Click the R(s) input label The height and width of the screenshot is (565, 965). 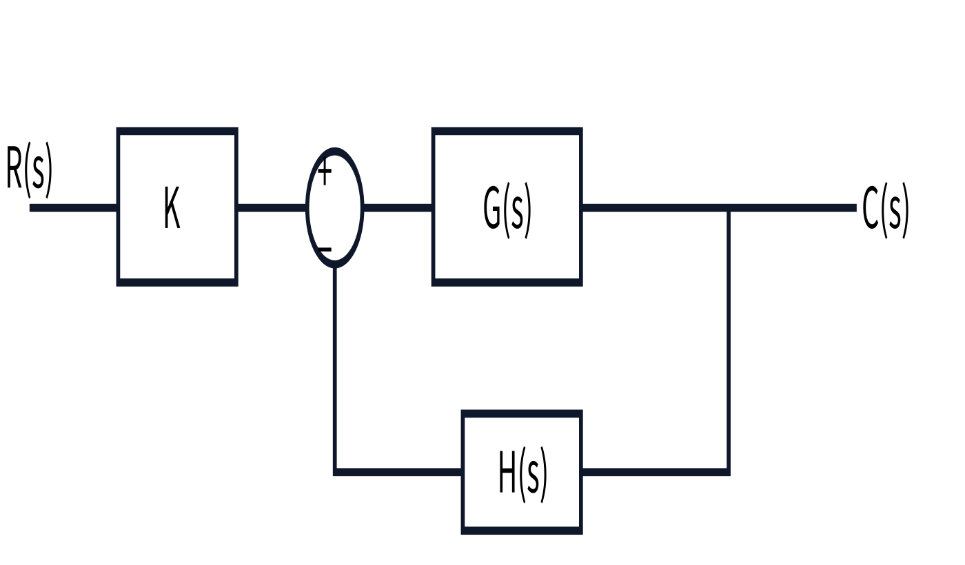pyautogui.click(x=29, y=169)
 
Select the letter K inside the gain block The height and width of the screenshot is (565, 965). pyautogui.click(x=172, y=207)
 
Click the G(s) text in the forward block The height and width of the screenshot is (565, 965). pyautogui.click(x=507, y=209)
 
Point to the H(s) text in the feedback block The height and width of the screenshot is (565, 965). pyautogui.click(x=522, y=474)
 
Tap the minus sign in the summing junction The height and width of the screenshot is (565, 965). pyautogui.click(x=325, y=249)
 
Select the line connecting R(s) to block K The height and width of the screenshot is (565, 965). pyautogui.click(x=73, y=208)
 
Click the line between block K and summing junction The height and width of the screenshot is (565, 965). pyautogui.click(x=272, y=208)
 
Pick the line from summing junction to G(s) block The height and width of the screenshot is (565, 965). pyautogui.click(x=398, y=208)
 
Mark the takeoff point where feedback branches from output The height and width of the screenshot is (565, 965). pyautogui.click(x=729, y=208)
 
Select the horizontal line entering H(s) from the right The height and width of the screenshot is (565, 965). pyautogui.click(x=655, y=472)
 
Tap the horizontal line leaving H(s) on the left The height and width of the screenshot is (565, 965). pyautogui.click(x=398, y=472)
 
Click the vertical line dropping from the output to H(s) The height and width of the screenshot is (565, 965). pyautogui.click(x=729, y=340)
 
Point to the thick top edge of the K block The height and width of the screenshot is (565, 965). pyautogui.click(x=177, y=131)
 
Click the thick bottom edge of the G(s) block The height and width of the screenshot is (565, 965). pyautogui.click(x=507, y=282)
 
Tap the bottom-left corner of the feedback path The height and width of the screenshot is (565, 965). pyautogui.click(x=335, y=472)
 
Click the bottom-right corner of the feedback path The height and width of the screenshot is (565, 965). pyautogui.click(x=729, y=472)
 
